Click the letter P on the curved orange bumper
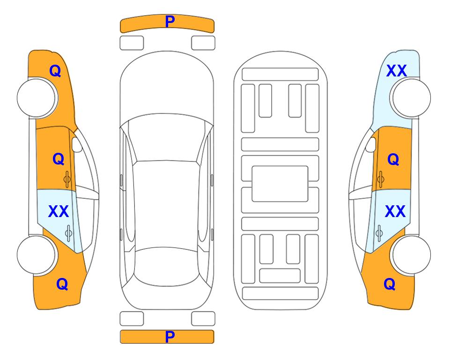click(x=170, y=21)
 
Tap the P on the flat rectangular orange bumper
click(x=170, y=337)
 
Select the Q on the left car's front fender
click(x=55, y=71)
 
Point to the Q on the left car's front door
click(x=59, y=159)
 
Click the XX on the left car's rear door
click(x=59, y=211)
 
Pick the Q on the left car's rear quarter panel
click(x=62, y=284)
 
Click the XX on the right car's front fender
click(x=397, y=71)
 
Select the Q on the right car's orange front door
click(x=393, y=159)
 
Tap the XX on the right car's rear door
click(x=395, y=211)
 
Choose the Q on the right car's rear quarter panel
click(x=390, y=284)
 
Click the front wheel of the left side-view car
click(x=37, y=98)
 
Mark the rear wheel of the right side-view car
click(x=411, y=255)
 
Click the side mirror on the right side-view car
click(x=370, y=144)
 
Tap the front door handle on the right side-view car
click(x=380, y=179)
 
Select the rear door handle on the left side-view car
click(x=68, y=233)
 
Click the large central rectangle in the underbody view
click(x=280, y=184)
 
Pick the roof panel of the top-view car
click(x=166, y=204)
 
